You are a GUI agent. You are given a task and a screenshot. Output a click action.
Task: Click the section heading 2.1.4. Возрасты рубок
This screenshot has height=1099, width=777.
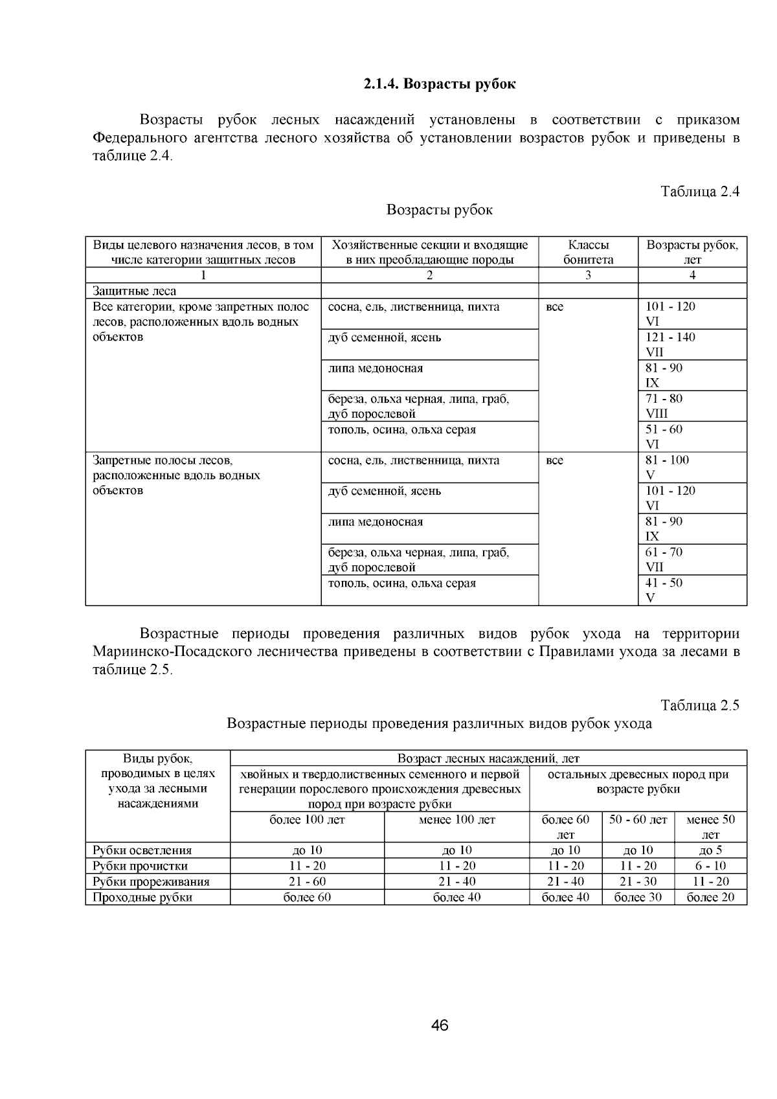(x=439, y=84)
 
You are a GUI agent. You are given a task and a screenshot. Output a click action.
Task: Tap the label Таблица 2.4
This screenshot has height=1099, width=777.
(x=699, y=192)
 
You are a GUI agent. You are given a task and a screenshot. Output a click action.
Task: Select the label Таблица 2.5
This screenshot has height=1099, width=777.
(x=699, y=706)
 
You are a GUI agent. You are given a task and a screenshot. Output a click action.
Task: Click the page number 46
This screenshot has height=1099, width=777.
(x=440, y=1025)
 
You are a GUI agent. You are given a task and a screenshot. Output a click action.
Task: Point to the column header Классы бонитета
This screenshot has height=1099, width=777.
(x=588, y=252)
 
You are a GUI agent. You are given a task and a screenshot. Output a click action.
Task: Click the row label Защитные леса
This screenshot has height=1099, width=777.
(x=134, y=291)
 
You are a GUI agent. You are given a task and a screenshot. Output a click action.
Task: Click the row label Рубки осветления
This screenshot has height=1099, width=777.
(x=142, y=850)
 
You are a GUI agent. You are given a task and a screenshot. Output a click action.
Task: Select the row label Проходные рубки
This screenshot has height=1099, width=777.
(x=142, y=897)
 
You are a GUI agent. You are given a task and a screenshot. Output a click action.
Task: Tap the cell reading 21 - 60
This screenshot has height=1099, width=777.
(x=307, y=881)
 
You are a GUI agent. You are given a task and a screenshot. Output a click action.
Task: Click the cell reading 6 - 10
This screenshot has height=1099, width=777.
(x=710, y=866)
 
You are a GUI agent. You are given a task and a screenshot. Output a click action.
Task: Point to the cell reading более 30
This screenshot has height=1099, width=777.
(x=638, y=897)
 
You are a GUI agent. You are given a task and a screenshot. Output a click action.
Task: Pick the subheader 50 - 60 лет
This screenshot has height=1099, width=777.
(x=638, y=820)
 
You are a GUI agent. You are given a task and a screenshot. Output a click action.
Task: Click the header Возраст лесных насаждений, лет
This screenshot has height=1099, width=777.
(x=488, y=758)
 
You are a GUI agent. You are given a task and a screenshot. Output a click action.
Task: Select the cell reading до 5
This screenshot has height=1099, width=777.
(x=710, y=850)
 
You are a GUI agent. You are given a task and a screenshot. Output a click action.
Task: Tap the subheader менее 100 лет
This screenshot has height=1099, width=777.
(x=456, y=820)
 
